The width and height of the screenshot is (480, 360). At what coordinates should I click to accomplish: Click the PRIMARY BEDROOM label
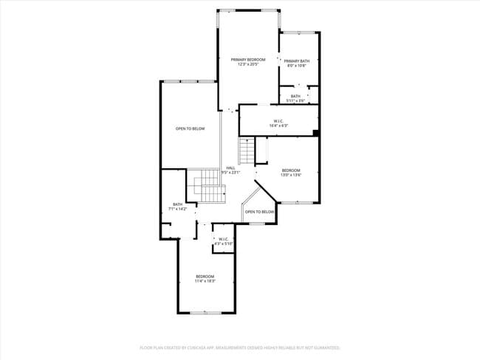(247, 59)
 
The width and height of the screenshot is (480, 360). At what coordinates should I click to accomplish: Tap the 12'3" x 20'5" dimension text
(247, 64)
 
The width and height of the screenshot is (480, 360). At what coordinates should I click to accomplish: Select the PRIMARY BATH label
(296, 60)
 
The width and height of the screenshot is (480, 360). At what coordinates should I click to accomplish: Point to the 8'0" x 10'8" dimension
(296, 66)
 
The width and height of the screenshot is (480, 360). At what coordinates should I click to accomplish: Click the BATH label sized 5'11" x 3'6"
(295, 96)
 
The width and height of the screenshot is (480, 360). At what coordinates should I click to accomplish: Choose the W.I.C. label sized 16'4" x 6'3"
(278, 121)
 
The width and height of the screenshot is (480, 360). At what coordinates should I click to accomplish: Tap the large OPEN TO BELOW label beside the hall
(190, 129)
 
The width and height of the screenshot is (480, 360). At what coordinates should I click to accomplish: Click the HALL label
(230, 167)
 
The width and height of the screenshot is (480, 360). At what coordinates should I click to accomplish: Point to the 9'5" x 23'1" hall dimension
(230, 173)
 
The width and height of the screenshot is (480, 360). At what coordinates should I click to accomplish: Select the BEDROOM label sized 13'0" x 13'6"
(291, 170)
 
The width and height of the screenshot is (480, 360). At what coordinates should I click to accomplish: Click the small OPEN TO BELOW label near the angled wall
(259, 212)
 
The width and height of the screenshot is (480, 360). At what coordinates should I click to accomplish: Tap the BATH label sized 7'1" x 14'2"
(177, 204)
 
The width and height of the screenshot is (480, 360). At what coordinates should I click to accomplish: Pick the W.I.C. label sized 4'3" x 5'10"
(224, 238)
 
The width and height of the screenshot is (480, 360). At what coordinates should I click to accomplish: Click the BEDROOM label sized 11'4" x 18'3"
(205, 276)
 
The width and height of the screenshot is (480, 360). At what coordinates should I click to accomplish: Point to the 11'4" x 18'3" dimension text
(205, 281)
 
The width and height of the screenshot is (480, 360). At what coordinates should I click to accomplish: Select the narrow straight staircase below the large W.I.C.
(259, 150)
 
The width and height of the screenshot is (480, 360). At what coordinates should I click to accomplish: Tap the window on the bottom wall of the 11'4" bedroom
(205, 313)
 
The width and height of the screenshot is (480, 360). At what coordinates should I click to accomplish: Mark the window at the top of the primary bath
(298, 32)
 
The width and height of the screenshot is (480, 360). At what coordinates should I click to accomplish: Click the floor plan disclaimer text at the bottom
(240, 347)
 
